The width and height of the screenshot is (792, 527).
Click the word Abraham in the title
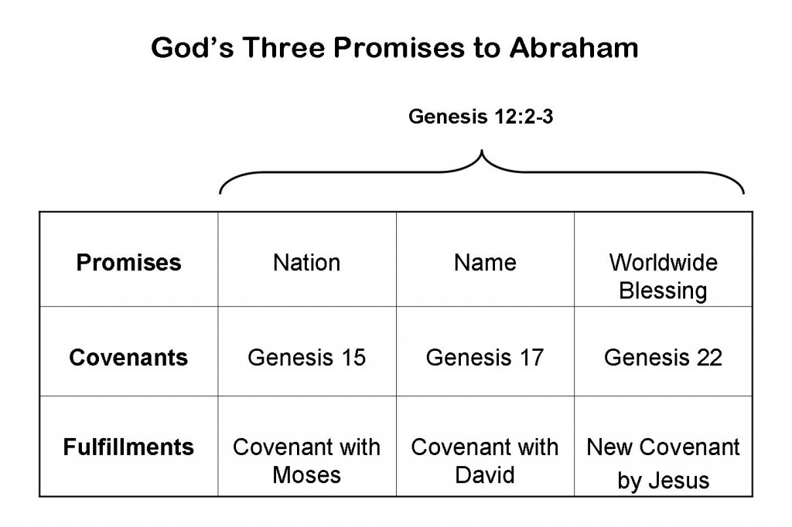pos(574,47)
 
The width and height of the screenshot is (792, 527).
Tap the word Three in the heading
pos(282,47)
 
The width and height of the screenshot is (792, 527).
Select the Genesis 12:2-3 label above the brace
pos(481,117)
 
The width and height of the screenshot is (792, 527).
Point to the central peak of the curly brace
pos(481,151)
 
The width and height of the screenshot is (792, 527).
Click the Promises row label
pos(129,263)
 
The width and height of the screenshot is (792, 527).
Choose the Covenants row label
pos(129,358)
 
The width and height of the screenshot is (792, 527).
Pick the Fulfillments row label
pos(129,447)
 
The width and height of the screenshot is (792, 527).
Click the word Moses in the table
pos(306,475)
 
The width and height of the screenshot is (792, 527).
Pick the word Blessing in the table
pos(663,291)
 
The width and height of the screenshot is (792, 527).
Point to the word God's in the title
pos(192,47)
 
